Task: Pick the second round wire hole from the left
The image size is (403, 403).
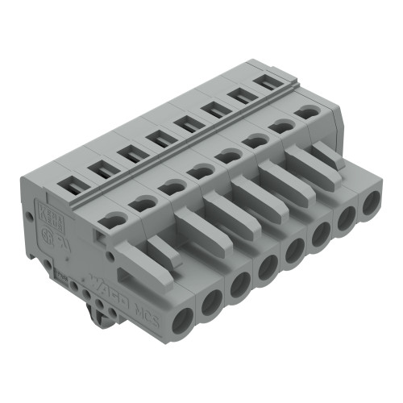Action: (211, 301)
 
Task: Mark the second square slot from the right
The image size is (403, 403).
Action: (239, 96)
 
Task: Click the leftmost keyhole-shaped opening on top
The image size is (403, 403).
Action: (114, 218)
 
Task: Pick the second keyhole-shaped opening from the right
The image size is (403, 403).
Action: (282, 126)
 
